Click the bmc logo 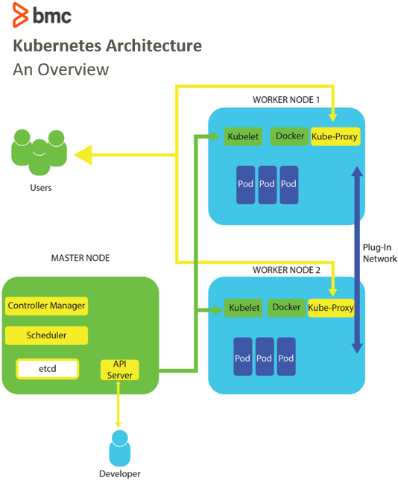coord(42,15)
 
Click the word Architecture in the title coord(154,45)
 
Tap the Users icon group coord(39,151)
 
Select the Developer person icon coord(120,448)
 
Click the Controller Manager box coord(46,306)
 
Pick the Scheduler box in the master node coord(46,335)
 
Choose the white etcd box coord(48,369)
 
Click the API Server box coord(119,370)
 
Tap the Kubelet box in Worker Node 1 coord(243,136)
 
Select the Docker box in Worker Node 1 coord(290,136)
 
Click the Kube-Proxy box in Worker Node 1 coord(335,136)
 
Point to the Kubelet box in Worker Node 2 coord(244,308)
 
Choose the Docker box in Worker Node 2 coord(286,307)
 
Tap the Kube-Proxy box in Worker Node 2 coord(331,308)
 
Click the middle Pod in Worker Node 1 coord(267,185)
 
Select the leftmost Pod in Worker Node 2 coord(243,356)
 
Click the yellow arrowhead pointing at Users coord(83,154)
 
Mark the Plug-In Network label coord(379,253)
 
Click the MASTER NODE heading coord(80,258)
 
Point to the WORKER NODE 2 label coord(286,270)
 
